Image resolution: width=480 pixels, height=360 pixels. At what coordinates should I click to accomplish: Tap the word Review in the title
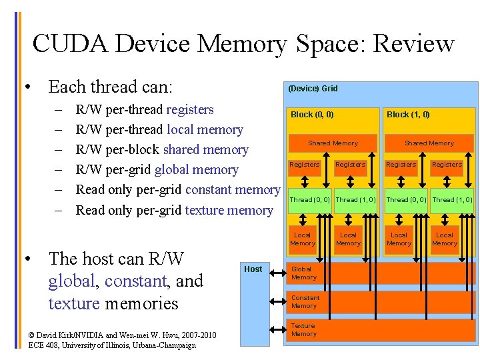tap(414, 44)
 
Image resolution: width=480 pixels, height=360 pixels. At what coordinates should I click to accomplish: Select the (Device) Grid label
tap(313, 88)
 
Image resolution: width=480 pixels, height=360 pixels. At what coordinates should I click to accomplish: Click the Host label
tap(253, 269)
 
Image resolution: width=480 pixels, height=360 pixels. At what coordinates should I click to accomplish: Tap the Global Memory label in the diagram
tap(304, 273)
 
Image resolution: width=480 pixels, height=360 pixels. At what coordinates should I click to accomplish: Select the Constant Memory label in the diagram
tap(305, 302)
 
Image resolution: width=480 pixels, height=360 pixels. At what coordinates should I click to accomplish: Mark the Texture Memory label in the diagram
tap(304, 330)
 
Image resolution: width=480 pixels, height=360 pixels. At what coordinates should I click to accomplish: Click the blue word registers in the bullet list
tap(190, 109)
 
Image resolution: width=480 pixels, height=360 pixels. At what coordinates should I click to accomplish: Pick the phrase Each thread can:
tap(110, 87)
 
